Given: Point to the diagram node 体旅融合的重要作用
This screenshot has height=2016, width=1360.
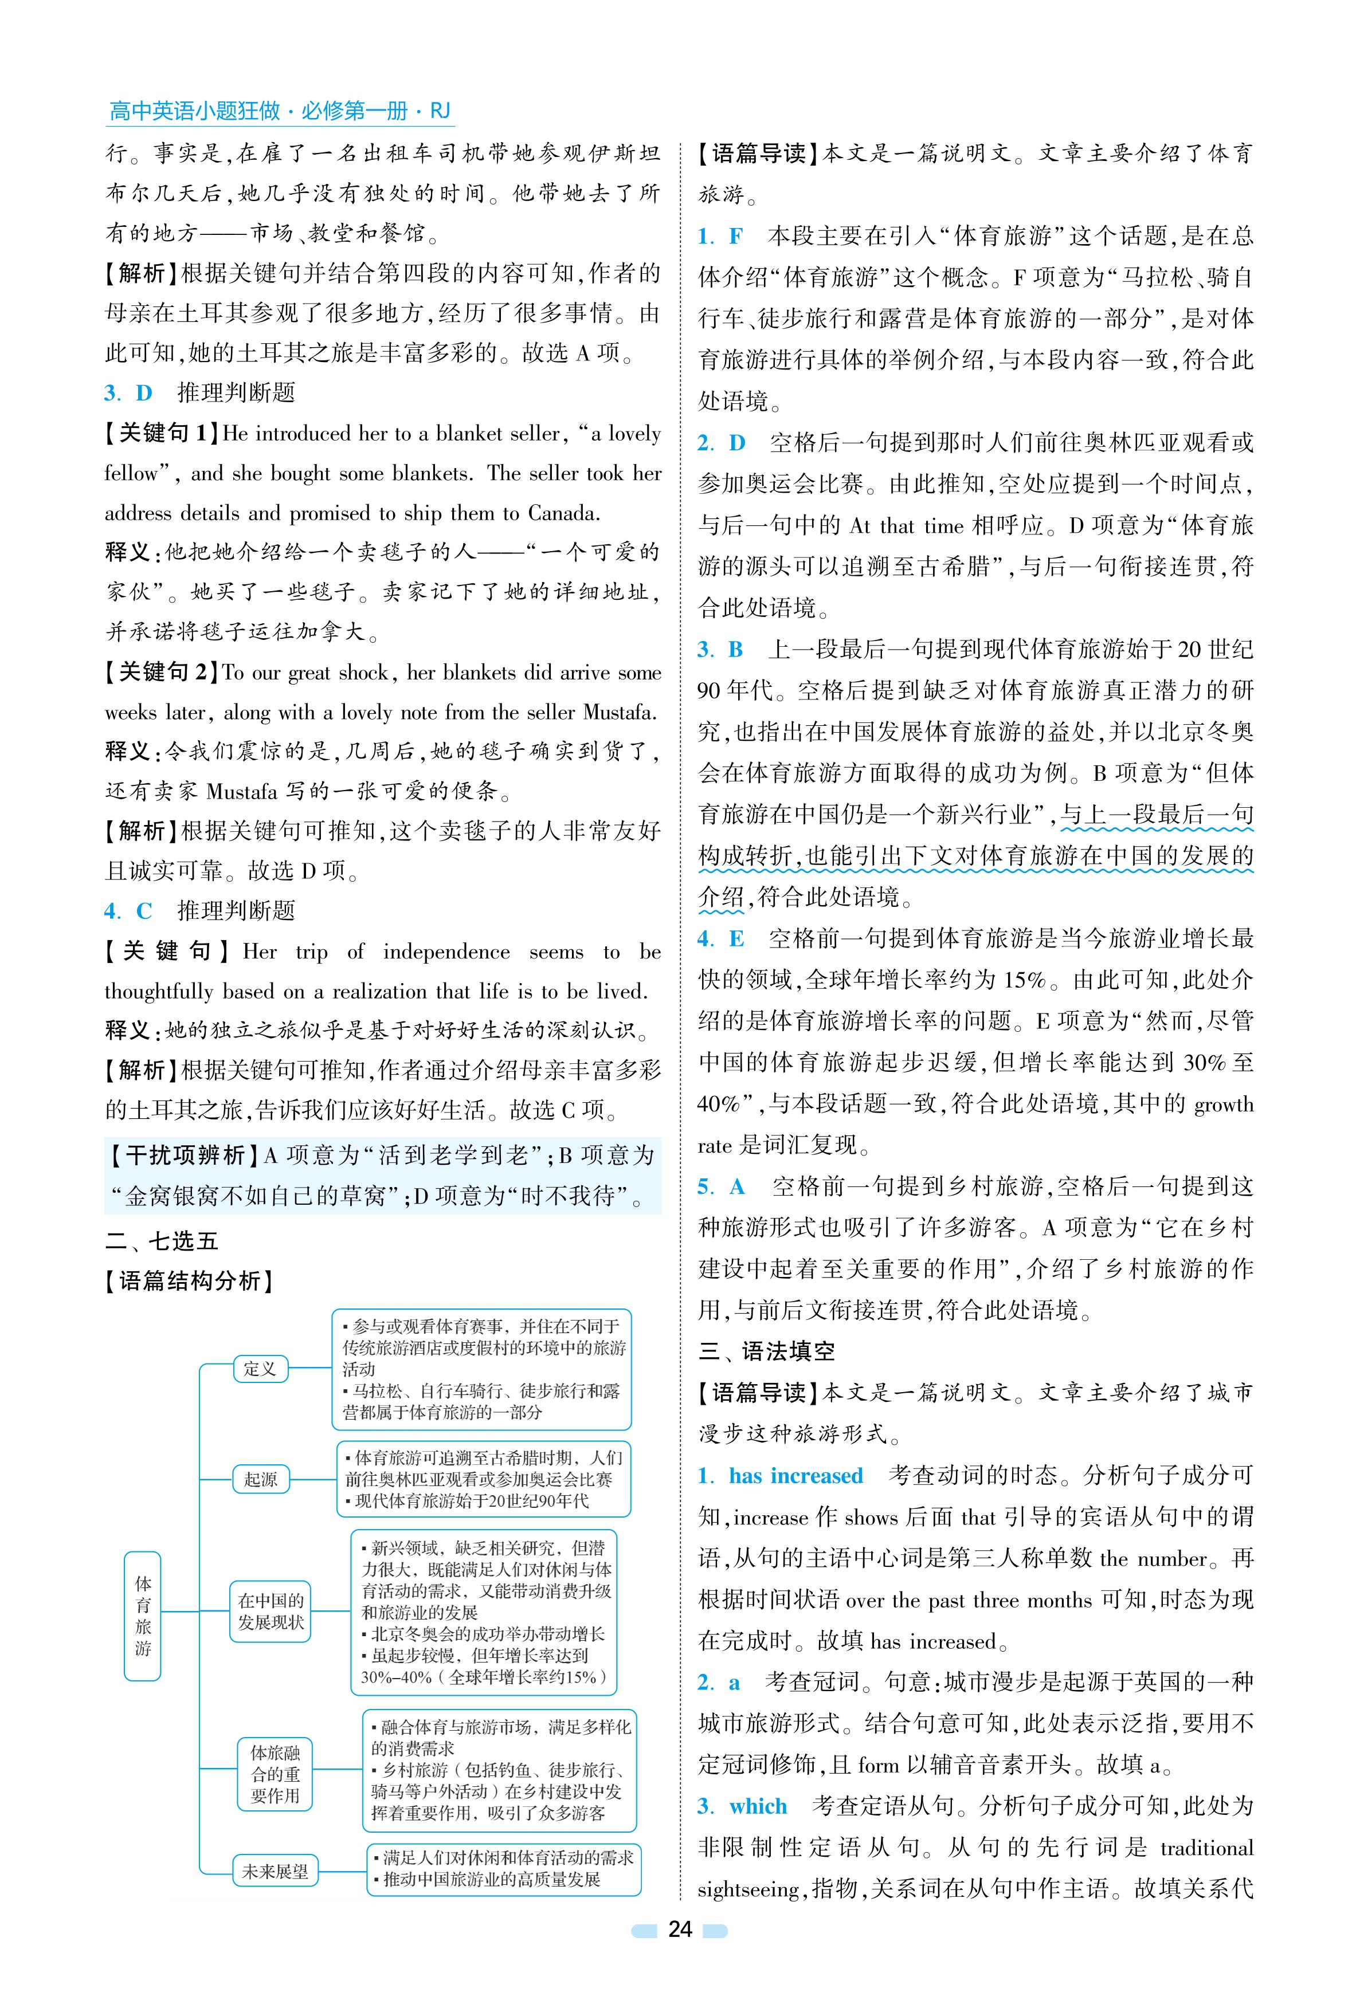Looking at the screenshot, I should pos(274,1774).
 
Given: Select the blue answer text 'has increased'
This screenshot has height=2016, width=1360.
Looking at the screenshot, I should pos(795,1476).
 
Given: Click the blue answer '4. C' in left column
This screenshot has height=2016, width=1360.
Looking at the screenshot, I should pos(127,910).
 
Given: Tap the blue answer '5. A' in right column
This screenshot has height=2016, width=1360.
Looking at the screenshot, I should pos(722,1186).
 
